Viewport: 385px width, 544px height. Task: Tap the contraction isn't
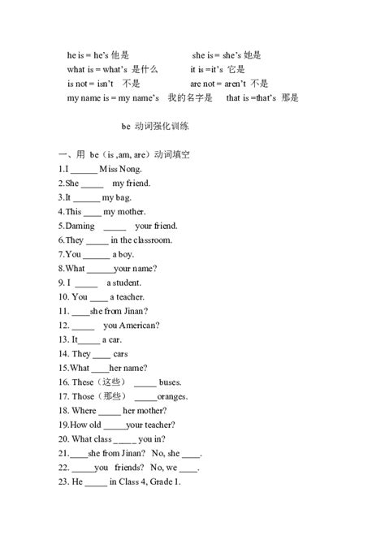tap(105, 84)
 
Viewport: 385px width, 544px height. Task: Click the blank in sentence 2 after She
tap(93, 183)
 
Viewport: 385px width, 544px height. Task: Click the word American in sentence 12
tap(140, 326)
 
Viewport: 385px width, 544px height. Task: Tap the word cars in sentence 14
tap(120, 354)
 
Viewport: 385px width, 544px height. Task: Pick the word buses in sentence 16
tap(171, 382)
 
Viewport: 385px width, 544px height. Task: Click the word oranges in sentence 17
tap(173, 396)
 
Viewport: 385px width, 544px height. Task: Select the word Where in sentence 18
tap(84, 411)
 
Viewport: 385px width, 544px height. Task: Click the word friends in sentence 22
tap(128, 468)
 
